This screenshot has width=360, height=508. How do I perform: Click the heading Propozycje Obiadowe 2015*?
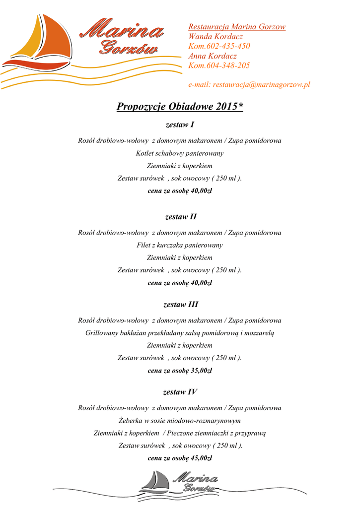point(180,107)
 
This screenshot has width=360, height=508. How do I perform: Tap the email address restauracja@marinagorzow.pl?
point(261,85)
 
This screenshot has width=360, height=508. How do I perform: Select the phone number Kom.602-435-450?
point(219,46)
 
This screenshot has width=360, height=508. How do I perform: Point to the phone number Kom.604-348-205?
point(219,65)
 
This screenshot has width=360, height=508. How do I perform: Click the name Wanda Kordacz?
point(216,37)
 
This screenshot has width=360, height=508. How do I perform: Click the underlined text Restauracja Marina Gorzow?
point(237,27)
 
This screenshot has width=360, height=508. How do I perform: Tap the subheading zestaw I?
point(180,125)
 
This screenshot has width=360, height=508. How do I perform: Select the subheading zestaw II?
point(180,217)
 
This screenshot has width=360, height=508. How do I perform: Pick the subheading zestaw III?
point(180,304)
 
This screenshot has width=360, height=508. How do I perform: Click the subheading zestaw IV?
point(180,392)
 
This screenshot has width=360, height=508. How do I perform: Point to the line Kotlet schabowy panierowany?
point(180,153)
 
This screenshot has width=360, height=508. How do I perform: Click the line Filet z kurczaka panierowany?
point(180,245)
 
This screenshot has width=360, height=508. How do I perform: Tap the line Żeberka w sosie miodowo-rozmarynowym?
point(180,421)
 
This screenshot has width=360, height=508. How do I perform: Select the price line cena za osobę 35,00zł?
point(180,370)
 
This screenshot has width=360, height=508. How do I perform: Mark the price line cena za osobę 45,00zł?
point(180,458)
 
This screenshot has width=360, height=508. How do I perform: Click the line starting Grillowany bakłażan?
point(180,333)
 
